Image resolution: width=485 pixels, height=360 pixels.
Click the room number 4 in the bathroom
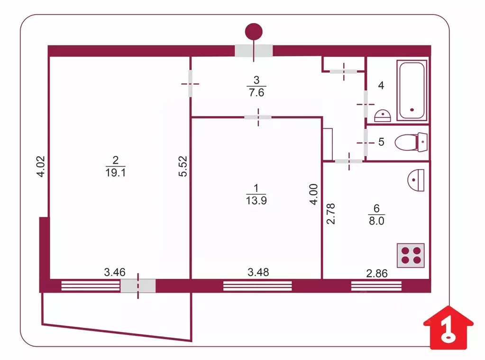(381, 86)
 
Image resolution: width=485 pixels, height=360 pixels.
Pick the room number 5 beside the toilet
(381, 142)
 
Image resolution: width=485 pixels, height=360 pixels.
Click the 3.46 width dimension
(114, 272)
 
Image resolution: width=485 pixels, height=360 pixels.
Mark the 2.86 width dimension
(377, 273)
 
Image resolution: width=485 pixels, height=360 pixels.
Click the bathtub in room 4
(412, 91)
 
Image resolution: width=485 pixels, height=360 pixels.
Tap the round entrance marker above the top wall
(254, 32)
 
